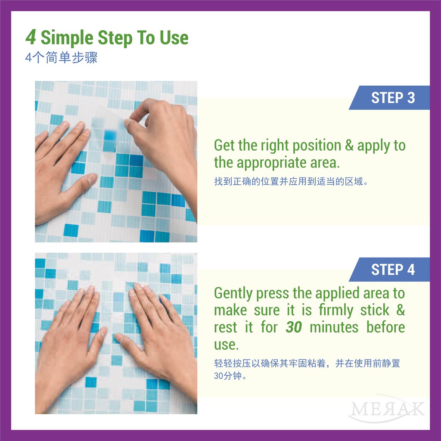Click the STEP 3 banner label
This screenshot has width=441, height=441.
tap(393, 98)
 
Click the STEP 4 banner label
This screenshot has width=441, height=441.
tap(393, 270)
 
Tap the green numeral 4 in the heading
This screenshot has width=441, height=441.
tap(31, 37)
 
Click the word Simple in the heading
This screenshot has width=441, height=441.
tap(67, 38)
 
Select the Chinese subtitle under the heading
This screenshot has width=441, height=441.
tap(61, 58)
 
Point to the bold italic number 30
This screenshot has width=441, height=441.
tap(294, 327)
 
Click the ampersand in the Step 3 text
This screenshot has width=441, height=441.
tap(349, 145)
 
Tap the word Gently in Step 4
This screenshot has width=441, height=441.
tap(233, 294)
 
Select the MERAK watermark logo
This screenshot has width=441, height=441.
tap(386, 409)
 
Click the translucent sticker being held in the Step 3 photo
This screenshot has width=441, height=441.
tap(108, 128)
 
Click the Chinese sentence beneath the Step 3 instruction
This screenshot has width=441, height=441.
tap(291, 181)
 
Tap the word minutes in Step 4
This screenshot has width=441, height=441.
tap(334, 327)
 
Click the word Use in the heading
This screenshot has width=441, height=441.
tap(174, 38)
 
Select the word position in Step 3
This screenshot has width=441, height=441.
tap(317, 146)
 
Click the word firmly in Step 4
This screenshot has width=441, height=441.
tap(336, 311)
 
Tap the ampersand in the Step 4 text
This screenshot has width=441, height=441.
tap(401, 310)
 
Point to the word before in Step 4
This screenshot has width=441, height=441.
tap(385, 327)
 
